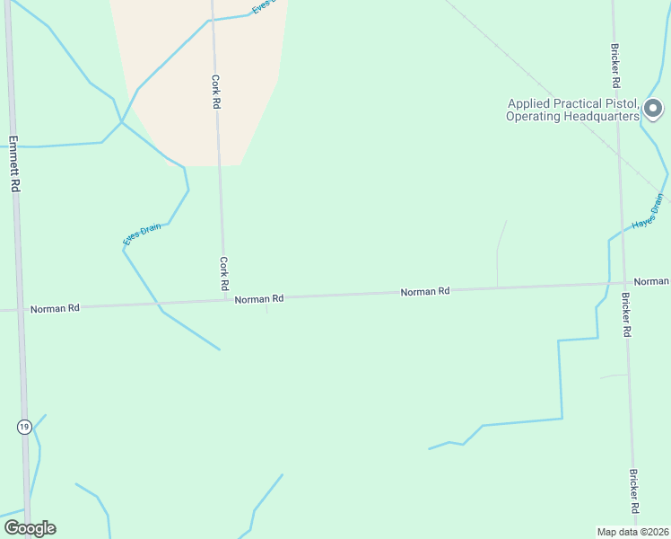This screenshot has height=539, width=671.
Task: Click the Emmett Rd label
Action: pos(14,163)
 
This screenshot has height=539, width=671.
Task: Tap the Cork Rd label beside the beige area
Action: pos(215,92)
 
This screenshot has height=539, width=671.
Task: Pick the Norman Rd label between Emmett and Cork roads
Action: pos(55,308)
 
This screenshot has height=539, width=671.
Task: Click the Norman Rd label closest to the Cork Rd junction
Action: pos(259,298)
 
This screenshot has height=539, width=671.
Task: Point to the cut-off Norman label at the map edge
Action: pos(651,281)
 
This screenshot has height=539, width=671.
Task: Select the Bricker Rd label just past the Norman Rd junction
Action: pos(626,314)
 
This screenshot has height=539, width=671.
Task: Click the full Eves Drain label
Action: pos(143,234)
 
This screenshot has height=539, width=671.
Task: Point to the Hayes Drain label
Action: pos(652,212)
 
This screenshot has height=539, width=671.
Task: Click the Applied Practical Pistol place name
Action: pos(572,110)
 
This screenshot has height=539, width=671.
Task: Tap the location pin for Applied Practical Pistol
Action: pos(654,110)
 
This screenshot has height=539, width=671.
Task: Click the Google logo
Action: pos(30,528)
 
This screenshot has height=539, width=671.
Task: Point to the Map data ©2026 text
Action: pos(633,531)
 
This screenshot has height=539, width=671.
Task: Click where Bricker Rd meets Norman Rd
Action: pos(623,284)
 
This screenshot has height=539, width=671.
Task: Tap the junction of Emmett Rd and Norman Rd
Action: pos(20,309)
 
